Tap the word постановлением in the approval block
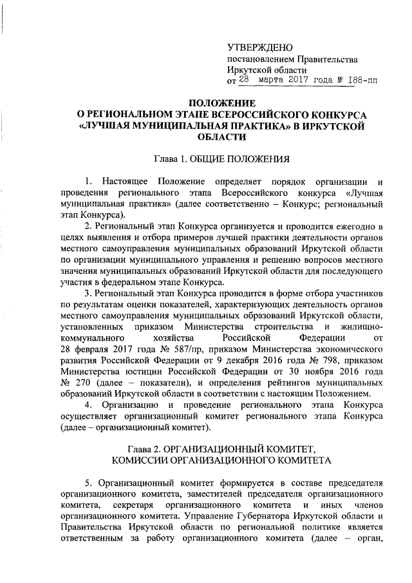click(x=260, y=60)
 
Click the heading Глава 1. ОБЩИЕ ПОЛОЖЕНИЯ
click(x=221, y=158)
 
